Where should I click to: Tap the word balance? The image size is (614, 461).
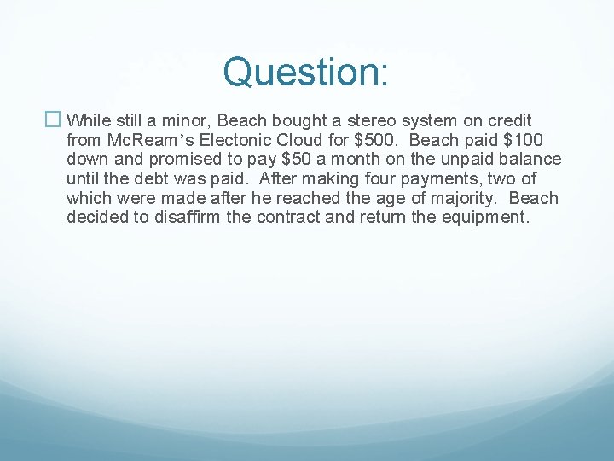[530, 159]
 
